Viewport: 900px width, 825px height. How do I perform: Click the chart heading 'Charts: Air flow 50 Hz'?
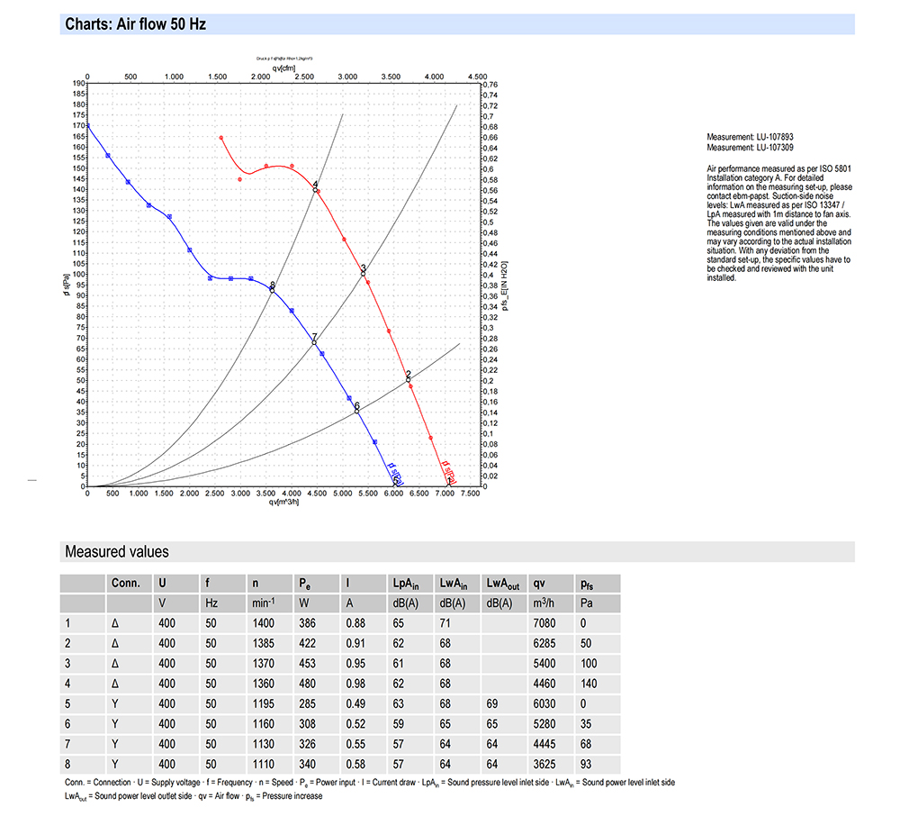[136, 24]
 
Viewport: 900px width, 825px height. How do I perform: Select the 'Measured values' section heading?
[116, 551]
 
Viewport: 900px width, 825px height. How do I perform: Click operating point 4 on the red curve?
[315, 188]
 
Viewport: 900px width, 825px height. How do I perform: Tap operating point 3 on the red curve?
[364, 272]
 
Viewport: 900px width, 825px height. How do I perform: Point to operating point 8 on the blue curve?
[272, 289]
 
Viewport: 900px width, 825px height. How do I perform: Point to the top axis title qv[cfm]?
[284, 68]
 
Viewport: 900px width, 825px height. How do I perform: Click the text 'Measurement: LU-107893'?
[750, 137]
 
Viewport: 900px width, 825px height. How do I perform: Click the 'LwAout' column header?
[502, 583]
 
